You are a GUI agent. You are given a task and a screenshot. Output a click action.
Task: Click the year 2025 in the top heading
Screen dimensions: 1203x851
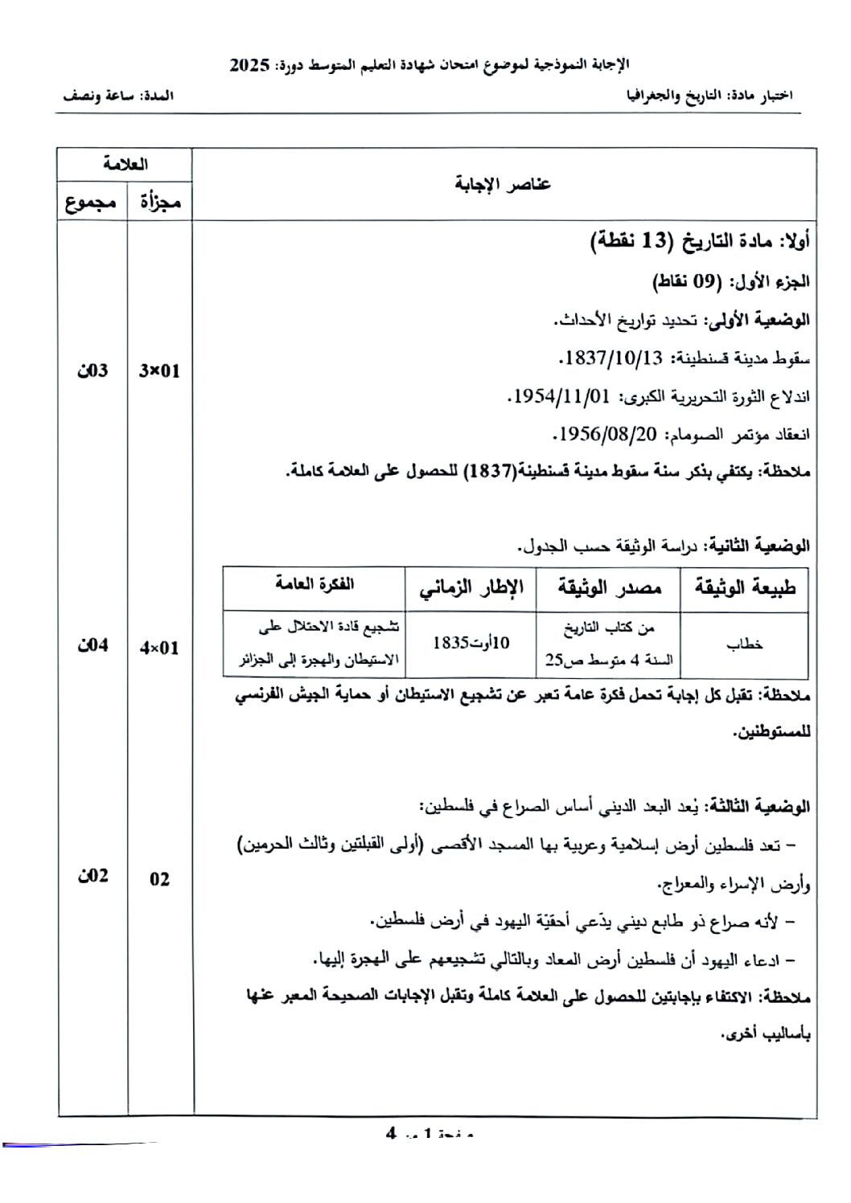point(249,65)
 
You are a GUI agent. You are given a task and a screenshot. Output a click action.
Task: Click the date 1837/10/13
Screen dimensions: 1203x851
point(613,358)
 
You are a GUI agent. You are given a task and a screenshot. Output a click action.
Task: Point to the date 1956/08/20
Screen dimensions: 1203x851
point(606,435)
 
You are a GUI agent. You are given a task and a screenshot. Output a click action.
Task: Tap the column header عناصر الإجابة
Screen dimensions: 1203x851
point(504,185)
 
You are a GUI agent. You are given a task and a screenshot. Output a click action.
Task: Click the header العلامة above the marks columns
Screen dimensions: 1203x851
point(125,165)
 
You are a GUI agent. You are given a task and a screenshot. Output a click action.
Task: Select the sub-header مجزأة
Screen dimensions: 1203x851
point(160,203)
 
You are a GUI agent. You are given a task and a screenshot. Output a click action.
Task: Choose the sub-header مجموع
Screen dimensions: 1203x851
point(92,203)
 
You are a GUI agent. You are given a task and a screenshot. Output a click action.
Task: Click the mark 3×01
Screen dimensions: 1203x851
point(159,371)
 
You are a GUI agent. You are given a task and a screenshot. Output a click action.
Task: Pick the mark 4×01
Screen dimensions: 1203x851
point(159,648)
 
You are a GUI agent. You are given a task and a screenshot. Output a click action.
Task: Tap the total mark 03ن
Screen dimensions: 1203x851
point(92,371)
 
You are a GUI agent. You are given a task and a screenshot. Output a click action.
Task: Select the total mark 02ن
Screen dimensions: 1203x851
point(92,877)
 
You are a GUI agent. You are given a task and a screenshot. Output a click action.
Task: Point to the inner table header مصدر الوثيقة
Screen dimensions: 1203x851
point(609,588)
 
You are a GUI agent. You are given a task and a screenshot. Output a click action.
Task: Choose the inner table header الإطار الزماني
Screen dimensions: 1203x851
point(471,588)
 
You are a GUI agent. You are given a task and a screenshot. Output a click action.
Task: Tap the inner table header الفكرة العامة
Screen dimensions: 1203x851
point(314,585)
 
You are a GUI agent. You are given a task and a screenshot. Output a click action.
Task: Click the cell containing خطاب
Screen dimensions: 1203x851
point(745,644)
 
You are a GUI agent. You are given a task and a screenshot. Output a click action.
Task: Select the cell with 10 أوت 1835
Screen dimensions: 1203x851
point(471,644)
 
